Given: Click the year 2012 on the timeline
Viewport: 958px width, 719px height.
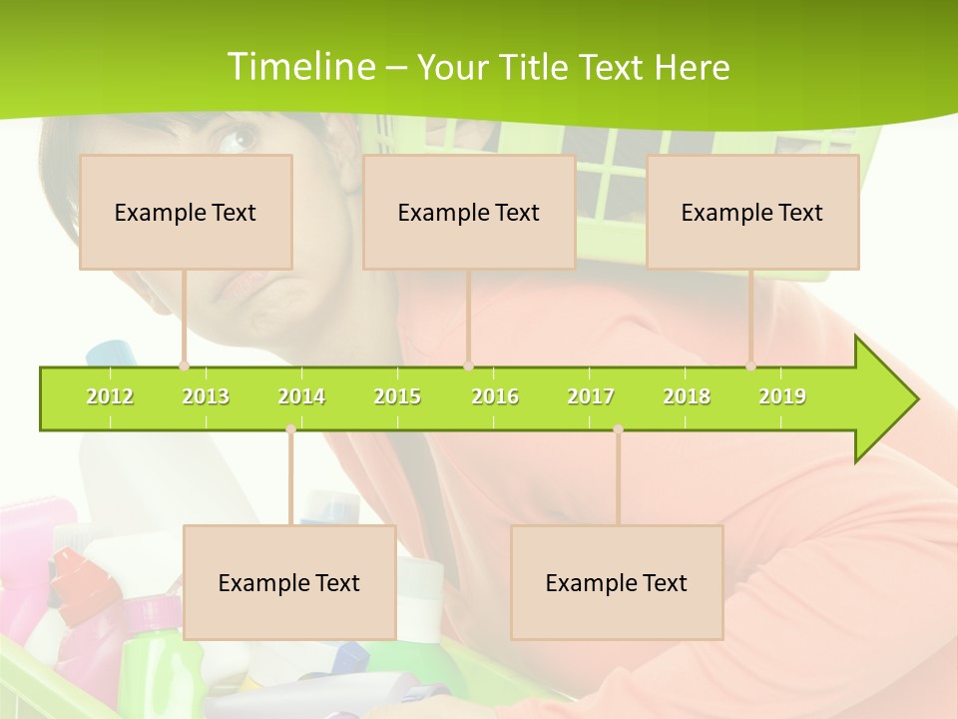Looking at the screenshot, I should tap(110, 396).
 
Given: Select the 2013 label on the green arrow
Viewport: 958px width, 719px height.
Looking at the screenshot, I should tap(206, 396).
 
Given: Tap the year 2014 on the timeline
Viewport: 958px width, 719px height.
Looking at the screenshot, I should tap(301, 396).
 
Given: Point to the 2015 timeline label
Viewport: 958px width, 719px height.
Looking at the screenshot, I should tap(397, 396).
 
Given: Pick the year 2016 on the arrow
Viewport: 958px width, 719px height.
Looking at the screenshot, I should tap(495, 396).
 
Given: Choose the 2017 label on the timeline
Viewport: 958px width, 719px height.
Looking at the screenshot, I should tap(591, 396).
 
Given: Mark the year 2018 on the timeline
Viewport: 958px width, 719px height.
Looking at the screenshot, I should tap(687, 396).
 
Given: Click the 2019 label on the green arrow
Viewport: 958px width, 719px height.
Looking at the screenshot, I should tap(782, 396).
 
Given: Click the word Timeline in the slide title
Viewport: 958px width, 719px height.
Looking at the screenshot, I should tap(299, 67).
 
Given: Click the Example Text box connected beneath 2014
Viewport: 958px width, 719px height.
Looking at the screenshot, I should tap(289, 582).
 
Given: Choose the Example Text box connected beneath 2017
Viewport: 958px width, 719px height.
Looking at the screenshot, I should tap(617, 582).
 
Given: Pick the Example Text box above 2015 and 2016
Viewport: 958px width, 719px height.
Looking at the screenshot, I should tap(469, 212).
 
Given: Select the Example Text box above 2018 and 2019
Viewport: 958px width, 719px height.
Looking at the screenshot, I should tap(752, 212).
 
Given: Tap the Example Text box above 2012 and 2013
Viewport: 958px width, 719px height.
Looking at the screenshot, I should tap(186, 212).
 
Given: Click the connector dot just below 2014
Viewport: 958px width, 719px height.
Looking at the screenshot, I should tap(290, 429).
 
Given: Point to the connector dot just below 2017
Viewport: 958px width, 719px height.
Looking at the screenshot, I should tap(618, 429).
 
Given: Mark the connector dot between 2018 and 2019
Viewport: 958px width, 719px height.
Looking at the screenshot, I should tap(751, 366).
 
